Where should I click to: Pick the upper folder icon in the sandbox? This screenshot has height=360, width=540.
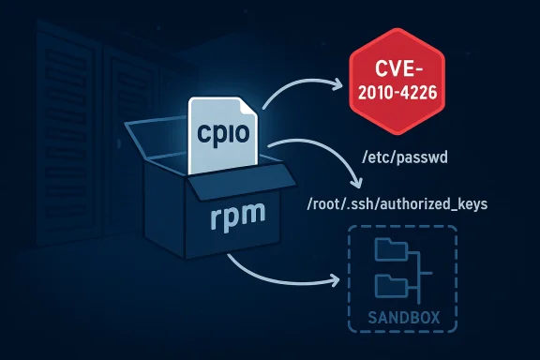387,251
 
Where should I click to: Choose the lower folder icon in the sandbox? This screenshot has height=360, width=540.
387,285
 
